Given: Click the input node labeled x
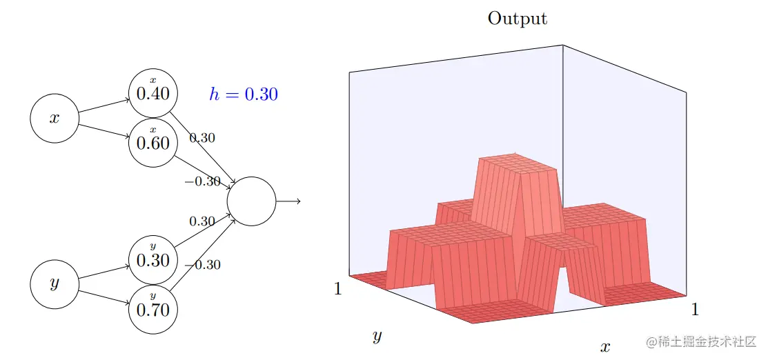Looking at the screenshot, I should [x=55, y=118].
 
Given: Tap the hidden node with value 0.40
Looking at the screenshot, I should [x=153, y=92].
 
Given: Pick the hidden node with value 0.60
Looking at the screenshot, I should [x=153, y=142].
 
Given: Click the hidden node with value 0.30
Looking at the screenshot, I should [x=153, y=259].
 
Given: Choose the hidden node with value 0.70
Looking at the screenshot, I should [x=153, y=308].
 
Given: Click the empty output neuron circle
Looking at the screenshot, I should [x=251, y=201].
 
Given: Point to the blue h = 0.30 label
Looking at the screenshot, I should [x=244, y=94].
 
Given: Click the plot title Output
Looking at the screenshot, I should [x=518, y=19].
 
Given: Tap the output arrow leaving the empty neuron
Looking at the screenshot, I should [x=288, y=201].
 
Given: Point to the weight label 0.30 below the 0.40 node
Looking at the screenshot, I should [x=202, y=138].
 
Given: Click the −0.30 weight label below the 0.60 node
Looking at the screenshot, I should [x=202, y=182].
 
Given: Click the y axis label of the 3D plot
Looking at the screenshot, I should [x=377, y=337].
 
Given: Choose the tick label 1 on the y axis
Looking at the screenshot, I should [x=338, y=289].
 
